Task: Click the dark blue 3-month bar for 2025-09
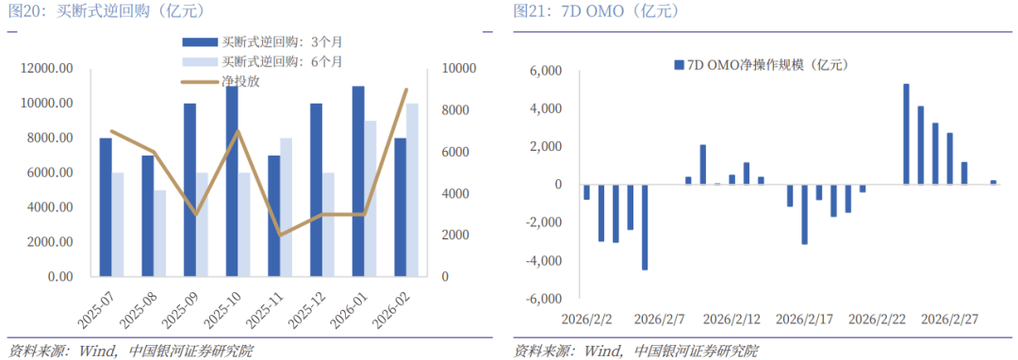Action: pos(189,189)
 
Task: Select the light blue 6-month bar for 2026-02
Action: pos(412,189)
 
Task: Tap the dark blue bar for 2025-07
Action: pos(106,207)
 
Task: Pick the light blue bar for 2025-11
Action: pos(287,207)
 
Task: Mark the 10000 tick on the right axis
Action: pos(457,69)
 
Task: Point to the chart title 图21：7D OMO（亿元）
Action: pos(596,11)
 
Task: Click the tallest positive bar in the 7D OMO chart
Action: pos(906,134)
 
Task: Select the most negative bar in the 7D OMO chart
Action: pos(645,227)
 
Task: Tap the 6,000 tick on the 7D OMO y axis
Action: pos(545,72)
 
